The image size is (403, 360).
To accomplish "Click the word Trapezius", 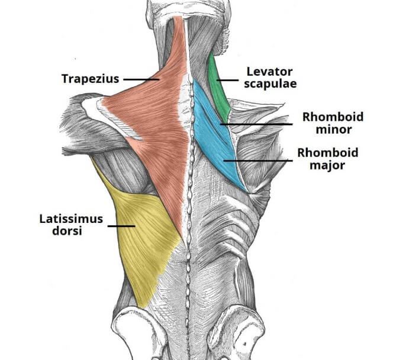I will [x=91, y=78].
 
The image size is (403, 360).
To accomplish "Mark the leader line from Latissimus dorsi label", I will [x=121, y=225].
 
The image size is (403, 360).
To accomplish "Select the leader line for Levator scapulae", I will [x=228, y=78].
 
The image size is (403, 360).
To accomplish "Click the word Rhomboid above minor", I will [x=333, y=117].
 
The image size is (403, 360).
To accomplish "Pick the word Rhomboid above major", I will [x=327, y=153].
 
